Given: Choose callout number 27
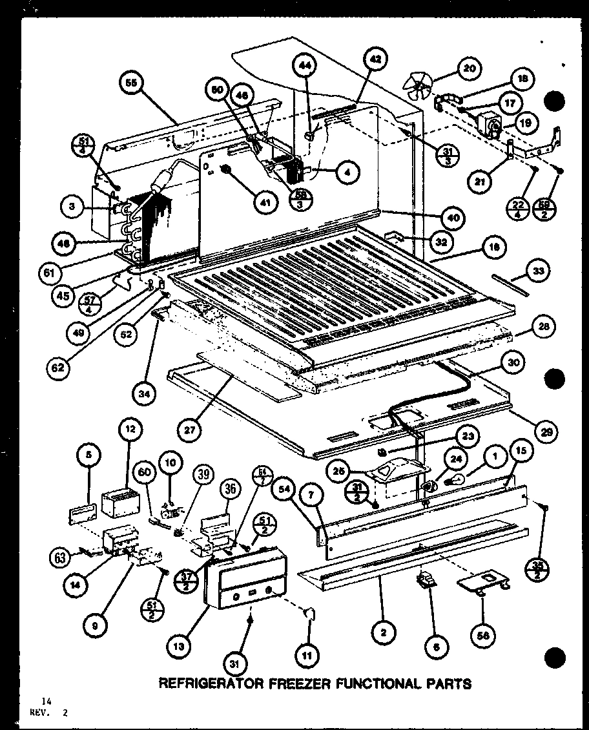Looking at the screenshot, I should coord(192,430).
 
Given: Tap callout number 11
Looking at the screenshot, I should coord(307,638).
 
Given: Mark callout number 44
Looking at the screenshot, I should coord(304,65).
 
